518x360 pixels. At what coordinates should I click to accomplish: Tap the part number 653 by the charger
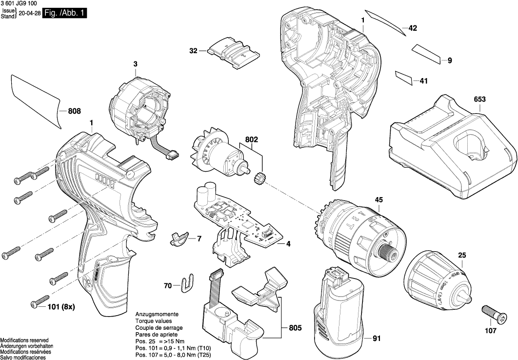[479, 100]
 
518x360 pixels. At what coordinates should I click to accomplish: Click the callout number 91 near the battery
[376, 338]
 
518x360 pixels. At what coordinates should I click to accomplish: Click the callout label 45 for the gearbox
[379, 200]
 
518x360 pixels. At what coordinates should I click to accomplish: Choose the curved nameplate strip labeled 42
[387, 23]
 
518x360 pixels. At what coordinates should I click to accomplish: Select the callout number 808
[74, 111]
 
